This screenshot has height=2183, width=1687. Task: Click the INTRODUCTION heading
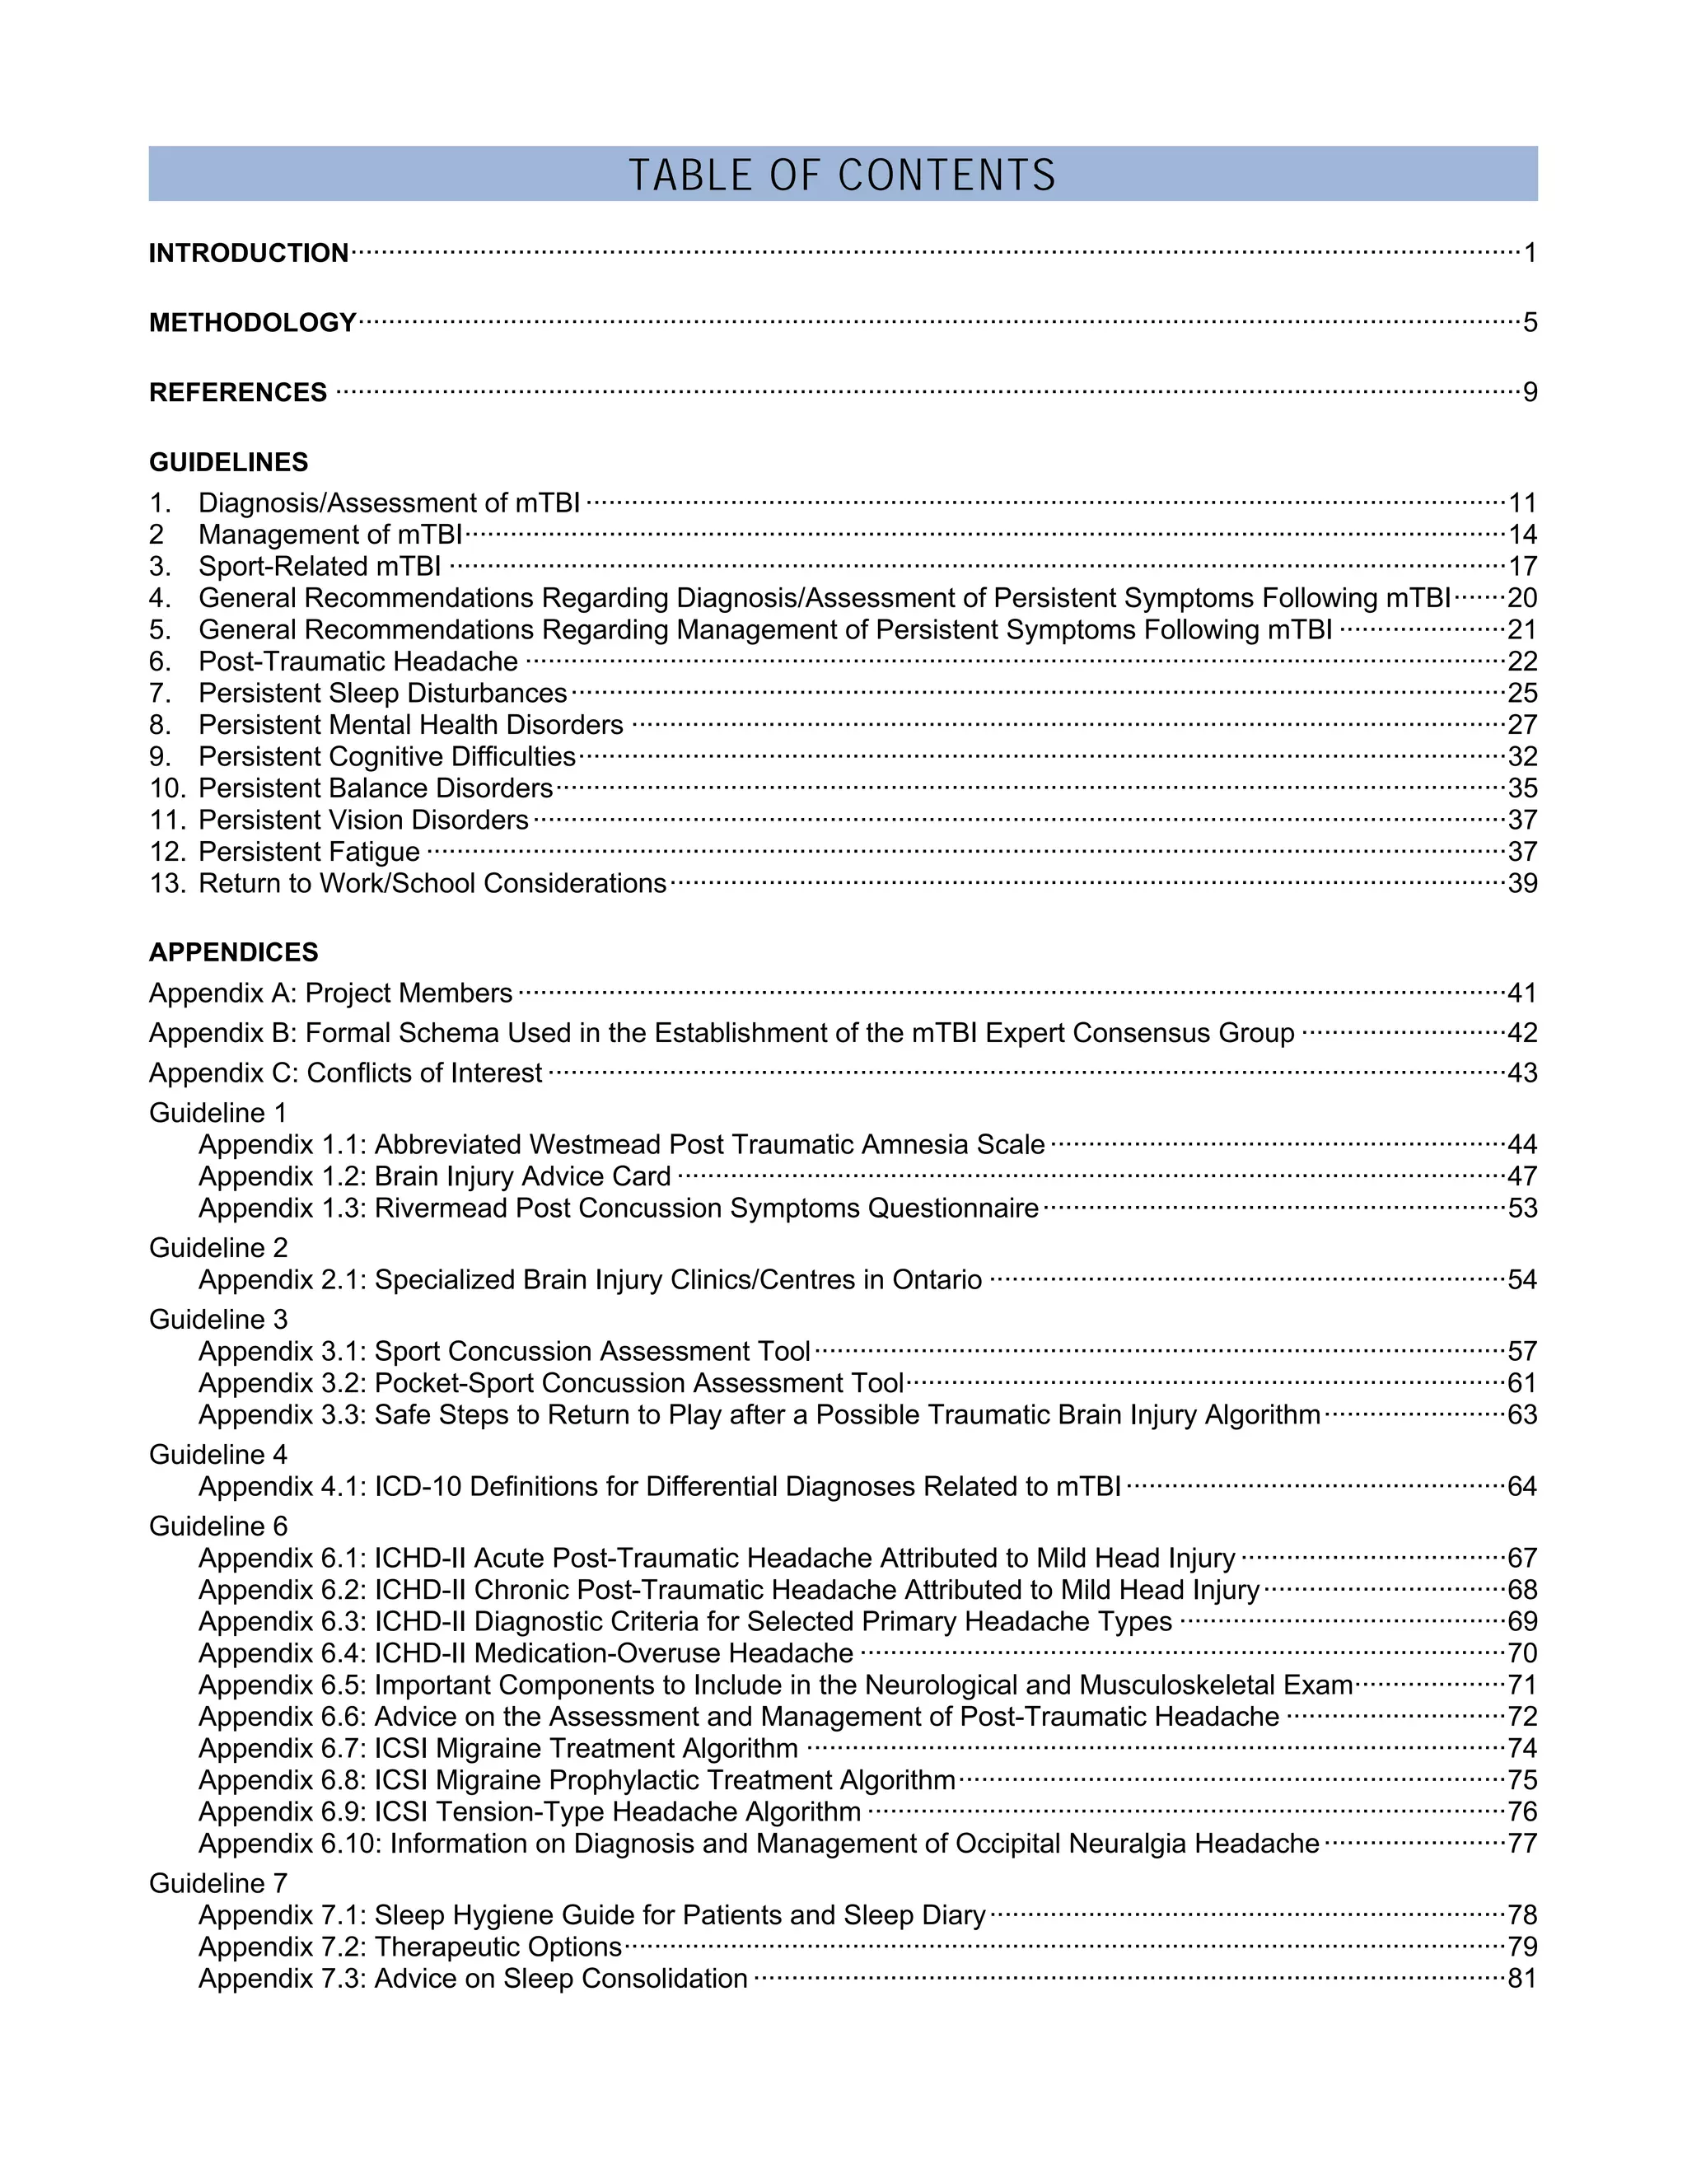(248, 253)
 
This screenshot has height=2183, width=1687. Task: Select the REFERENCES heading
(238, 392)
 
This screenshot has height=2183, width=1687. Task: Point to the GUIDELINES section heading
(228, 462)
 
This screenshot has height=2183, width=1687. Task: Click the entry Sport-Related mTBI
(319, 567)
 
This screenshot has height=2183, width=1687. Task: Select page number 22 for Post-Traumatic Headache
(1521, 661)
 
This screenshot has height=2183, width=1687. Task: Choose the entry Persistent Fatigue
(309, 852)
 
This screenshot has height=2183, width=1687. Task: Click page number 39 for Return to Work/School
(1521, 884)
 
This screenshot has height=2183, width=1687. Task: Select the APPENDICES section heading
(233, 951)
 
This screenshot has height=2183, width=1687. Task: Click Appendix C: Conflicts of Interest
(345, 1073)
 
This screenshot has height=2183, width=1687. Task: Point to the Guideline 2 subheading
(217, 1247)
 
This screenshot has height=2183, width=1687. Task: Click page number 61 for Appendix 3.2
(1521, 1383)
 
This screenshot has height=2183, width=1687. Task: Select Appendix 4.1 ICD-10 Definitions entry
(659, 1486)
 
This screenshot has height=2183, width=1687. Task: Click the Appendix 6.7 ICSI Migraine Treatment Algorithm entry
(498, 1748)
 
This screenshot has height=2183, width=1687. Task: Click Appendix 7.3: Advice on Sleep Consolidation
(473, 1978)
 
